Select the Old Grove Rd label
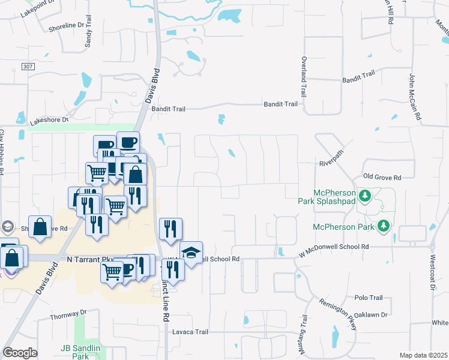[382, 178]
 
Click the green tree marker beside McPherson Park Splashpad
[364, 196]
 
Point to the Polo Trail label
[369, 298]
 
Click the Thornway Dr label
[68, 314]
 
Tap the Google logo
[20, 353]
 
